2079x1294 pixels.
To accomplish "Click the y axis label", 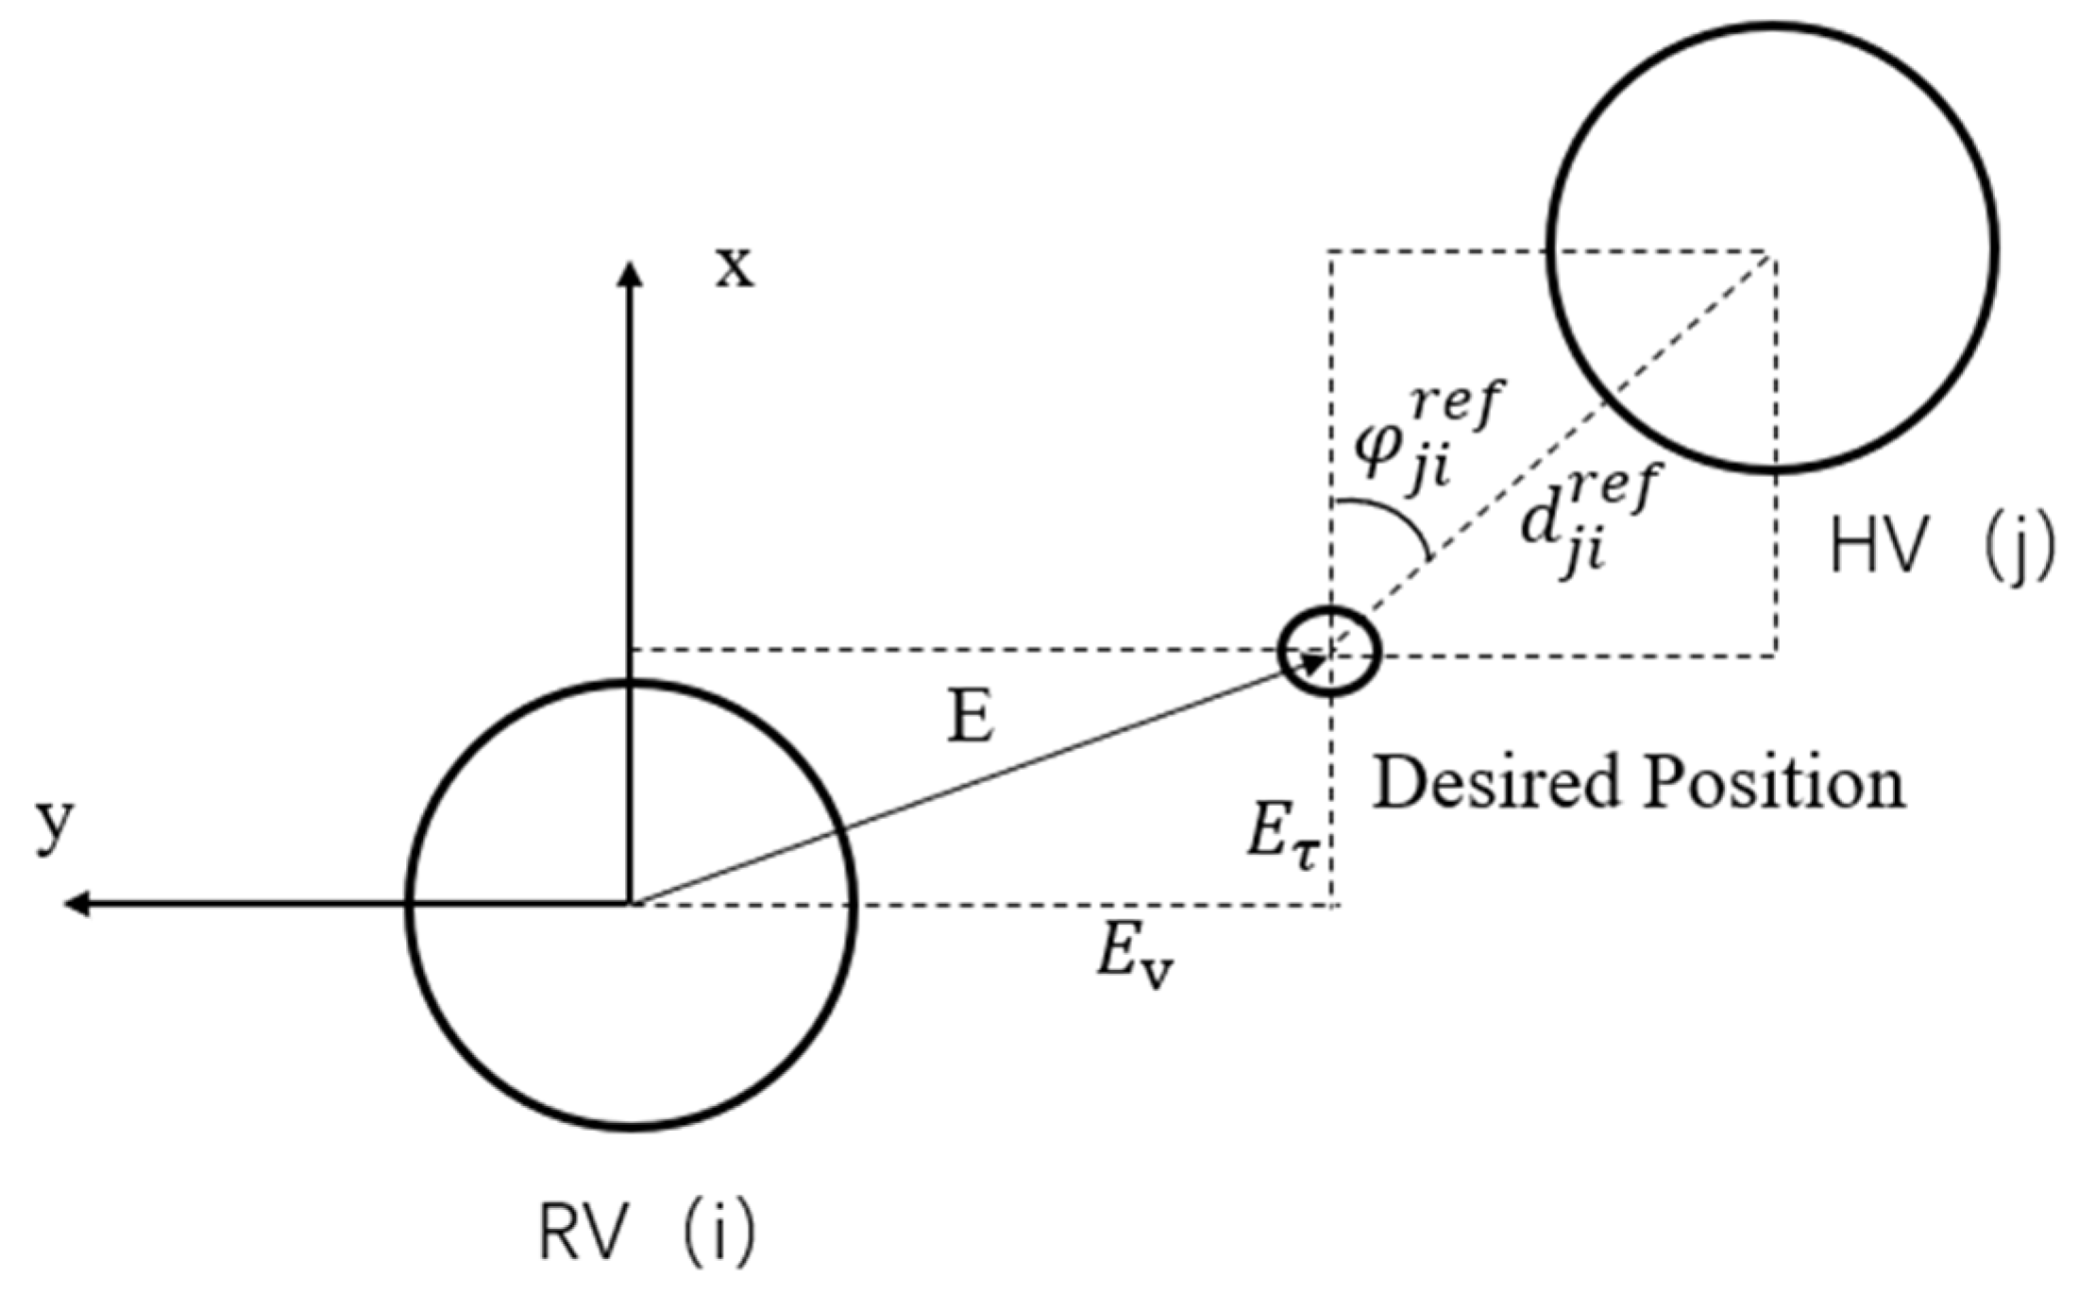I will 55,824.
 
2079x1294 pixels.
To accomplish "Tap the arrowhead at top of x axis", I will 630,273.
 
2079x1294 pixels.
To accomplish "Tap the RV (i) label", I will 647,1233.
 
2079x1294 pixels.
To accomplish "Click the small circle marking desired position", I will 1330,651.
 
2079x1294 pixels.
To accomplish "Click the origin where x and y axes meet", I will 630,904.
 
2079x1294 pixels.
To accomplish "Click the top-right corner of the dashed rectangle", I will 1775,252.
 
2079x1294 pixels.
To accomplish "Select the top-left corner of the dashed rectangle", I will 1330,252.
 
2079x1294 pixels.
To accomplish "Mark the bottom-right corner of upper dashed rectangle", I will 1775,654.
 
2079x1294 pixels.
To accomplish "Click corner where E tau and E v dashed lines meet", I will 1332,905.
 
